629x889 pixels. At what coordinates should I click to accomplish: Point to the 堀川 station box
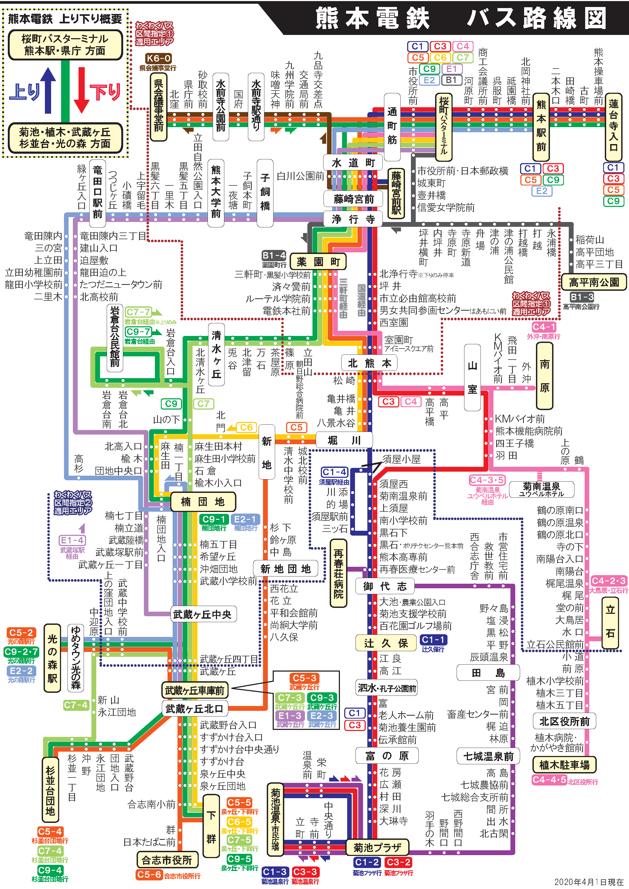click(344, 440)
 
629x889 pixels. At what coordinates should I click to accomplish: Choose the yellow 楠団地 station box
click(203, 502)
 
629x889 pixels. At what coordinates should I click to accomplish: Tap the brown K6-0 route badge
click(158, 59)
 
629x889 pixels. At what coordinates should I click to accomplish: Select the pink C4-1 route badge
click(544, 327)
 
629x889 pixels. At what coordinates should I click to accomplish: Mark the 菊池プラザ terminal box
click(377, 848)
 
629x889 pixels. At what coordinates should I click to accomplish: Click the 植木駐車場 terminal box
click(564, 765)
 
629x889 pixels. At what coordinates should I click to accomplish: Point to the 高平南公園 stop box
click(594, 282)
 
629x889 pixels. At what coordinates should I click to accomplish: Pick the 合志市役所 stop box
click(167, 860)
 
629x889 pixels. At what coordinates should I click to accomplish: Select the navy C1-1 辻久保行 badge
click(433, 640)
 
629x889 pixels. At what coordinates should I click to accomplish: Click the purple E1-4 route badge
click(72, 540)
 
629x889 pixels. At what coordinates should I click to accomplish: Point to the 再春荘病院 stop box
click(338, 573)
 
